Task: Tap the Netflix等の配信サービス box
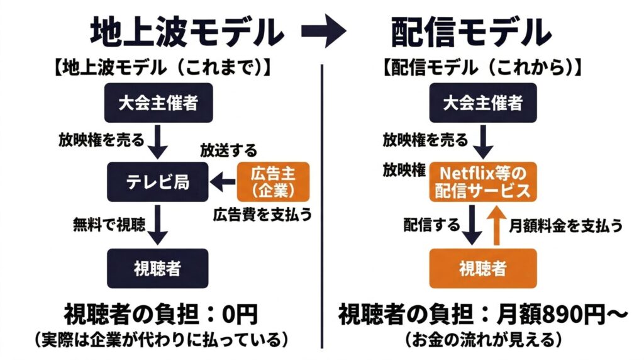483,182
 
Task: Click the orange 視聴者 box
483,269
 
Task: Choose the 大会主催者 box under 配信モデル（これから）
483,103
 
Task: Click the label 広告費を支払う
263,214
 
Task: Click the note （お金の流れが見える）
482,340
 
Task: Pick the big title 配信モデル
471,32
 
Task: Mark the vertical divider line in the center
322,201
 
